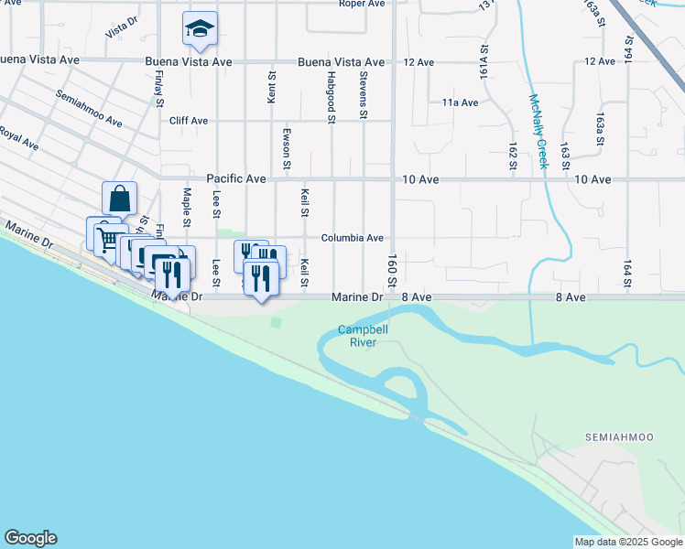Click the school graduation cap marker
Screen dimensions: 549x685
[x=199, y=28]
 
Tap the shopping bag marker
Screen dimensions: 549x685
[x=120, y=198]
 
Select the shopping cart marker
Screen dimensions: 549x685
[x=107, y=238]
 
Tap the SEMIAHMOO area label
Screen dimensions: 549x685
[x=619, y=438]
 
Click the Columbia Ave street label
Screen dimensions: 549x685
[x=352, y=238]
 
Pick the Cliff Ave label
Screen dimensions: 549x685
[x=189, y=121]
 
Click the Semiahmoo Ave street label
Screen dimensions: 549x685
[x=89, y=108]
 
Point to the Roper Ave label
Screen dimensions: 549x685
[x=362, y=4]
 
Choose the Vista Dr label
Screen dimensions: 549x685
[x=121, y=30]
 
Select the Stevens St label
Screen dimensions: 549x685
[x=364, y=95]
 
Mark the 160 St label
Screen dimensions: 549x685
[x=391, y=268]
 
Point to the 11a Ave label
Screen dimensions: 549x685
[x=460, y=102]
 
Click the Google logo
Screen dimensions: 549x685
[x=30, y=538]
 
